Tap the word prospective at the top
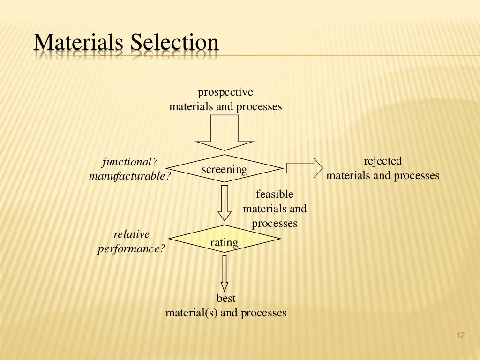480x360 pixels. click(x=225, y=92)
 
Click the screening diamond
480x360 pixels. click(x=225, y=169)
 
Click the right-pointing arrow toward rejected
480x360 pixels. click(x=304, y=168)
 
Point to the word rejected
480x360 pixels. click(x=383, y=161)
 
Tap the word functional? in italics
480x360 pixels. click(x=130, y=162)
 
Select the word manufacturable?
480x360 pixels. click(x=130, y=176)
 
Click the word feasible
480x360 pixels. click(x=274, y=194)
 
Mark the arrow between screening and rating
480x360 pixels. click(x=225, y=202)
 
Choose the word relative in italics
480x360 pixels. click(x=132, y=234)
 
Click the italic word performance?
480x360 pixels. click(x=132, y=248)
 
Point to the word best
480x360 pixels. click(x=226, y=298)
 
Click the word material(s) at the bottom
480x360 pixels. click(x=191, y=313)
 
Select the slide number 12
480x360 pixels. click(x=459, y=335)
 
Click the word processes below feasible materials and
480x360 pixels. click(x=274, y=224)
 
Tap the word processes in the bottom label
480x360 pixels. click(x=263, y=313)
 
